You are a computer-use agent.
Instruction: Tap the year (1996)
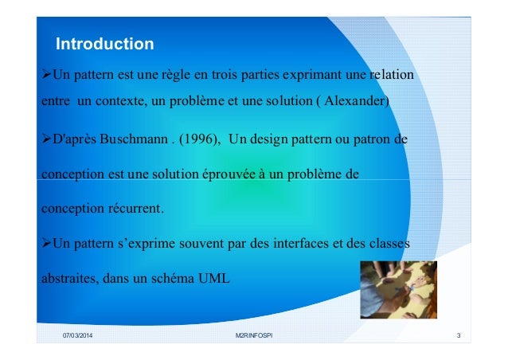[198, 141]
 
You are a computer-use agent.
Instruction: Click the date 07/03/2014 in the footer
[81, 336]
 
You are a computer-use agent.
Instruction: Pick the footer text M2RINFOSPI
[254, 336]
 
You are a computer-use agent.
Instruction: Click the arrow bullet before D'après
[45, 141]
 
